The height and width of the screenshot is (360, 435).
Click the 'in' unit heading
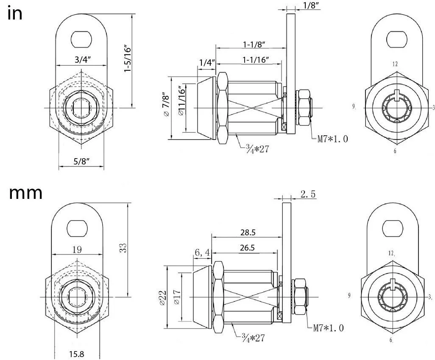click(x=15, y=14)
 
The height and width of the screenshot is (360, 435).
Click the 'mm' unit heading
click(x=25, y=193)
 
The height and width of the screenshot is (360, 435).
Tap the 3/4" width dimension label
click(x=83, y=59)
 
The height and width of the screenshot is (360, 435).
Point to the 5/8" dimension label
click(x=81, y=161)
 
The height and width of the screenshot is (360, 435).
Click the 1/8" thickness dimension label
click(x=311, y=5)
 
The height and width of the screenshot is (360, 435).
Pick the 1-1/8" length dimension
click(x=254, y=44)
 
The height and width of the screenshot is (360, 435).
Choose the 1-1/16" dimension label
click(x=256, y=59)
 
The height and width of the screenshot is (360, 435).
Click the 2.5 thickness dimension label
click(x=308, y=194)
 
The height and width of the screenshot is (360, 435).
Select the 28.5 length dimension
click(x=248, y=232)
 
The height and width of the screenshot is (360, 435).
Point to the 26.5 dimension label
click(x=247, y=247)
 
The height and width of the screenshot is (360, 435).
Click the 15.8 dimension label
click(x=77, y=354)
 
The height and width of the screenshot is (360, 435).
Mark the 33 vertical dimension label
click(x=123, y=248)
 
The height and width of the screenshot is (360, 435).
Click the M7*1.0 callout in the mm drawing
click(x=329, y=328)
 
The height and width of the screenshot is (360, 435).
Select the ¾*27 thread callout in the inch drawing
click(x=257, y=149)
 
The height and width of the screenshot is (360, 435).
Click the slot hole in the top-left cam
click(x=81, y=39)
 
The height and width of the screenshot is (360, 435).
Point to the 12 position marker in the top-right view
click(x=395, y=64)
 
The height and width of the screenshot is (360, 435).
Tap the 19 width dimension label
click(x=77, y=250)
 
